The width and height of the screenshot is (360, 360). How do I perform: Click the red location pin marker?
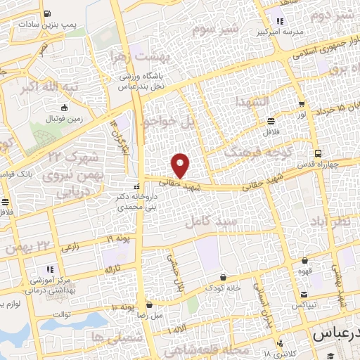click(x=181, y=165)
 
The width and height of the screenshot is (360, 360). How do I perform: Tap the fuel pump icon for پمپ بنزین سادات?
click(x=46, y=13)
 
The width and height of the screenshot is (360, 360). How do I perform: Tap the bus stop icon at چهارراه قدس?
click(x=319, y=153)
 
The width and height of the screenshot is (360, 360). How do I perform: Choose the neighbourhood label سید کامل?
click(x=207, y=221)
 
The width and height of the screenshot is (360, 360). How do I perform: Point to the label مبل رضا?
click(x=149, y=316)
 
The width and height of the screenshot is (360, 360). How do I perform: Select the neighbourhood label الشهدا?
click(x=252, y=102)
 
